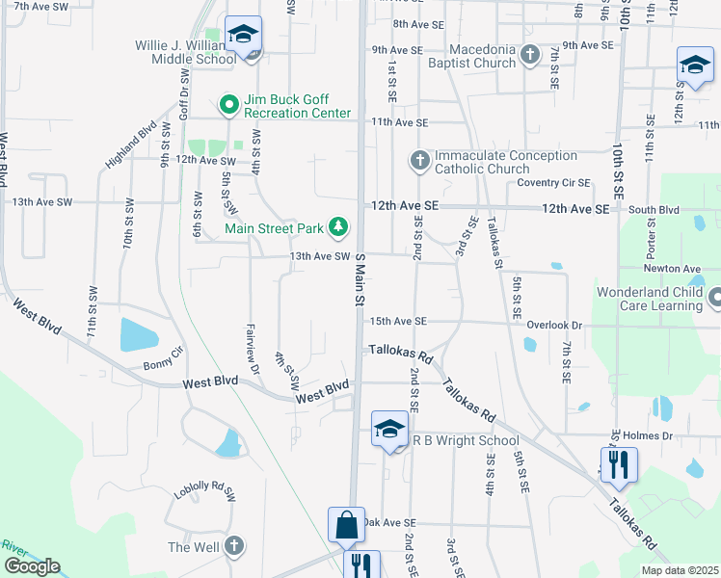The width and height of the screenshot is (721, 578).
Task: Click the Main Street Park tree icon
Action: coord(338,227)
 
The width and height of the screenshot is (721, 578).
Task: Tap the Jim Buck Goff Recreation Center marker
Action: coord(228,104)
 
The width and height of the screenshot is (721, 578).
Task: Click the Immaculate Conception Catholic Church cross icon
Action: coord(419,160)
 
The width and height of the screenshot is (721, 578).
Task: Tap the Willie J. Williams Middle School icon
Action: coord(243,35)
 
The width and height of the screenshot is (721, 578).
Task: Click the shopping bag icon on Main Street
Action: coord(346,525)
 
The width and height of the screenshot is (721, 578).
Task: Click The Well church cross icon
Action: coord(232,546)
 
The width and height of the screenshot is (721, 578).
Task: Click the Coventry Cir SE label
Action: coord(552,182)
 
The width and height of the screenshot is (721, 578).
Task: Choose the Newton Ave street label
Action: coord(679,269)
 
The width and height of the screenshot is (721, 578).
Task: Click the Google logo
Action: coord(33,566)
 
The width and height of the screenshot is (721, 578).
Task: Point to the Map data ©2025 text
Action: coord(679,570)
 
